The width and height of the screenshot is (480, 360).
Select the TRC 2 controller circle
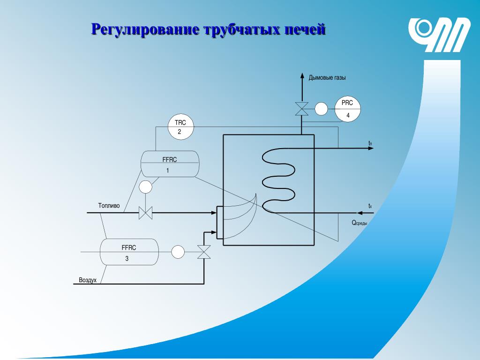click(180, 127)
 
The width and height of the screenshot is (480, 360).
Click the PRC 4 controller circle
click(347, 109)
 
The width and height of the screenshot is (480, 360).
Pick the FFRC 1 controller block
click(170, 164)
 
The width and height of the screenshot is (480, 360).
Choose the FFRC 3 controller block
click(129, 252)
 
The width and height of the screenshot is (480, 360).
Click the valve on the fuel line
click(146, 213)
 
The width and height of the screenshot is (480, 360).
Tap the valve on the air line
click(204, 252)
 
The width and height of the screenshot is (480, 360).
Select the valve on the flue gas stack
click(300, 109)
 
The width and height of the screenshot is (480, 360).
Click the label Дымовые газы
click(327, 78)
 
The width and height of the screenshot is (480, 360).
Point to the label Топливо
click(109, 206)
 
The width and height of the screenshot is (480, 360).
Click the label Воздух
click(88, 280)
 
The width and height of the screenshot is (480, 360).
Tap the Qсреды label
click(359, 223)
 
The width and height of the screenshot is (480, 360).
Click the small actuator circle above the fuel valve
click(146, 187)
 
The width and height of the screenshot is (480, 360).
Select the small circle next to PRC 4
click(321, 109)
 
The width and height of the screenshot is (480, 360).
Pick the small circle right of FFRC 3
click(178, 252)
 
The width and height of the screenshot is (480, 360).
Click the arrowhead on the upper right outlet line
click(371, 148)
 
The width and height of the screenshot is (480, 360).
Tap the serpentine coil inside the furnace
click(278, 180)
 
